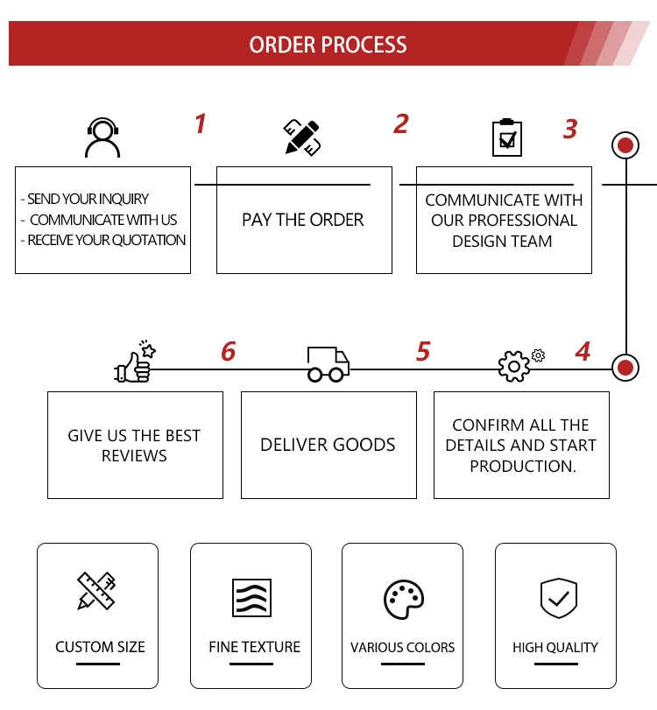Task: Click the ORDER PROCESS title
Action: point(328,45)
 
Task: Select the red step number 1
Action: point(201,124)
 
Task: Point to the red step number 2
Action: point(400,124)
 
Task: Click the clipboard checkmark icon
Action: point(506,137)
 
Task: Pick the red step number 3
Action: point(570,130)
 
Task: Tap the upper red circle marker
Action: point(625,145)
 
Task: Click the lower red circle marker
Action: point(625,368)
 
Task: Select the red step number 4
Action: point(583,352)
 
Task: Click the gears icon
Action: point(517,364)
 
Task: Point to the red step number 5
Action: point(423,352)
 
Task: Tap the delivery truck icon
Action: point(328,364)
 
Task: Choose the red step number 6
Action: point(228,352)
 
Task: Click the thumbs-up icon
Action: point(135,362)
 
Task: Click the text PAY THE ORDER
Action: point(303,220)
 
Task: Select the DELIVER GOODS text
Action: point(328,445)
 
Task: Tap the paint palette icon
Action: point(404,600)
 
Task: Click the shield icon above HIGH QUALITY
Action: point(557,598)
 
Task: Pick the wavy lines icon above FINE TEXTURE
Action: point(251,598)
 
